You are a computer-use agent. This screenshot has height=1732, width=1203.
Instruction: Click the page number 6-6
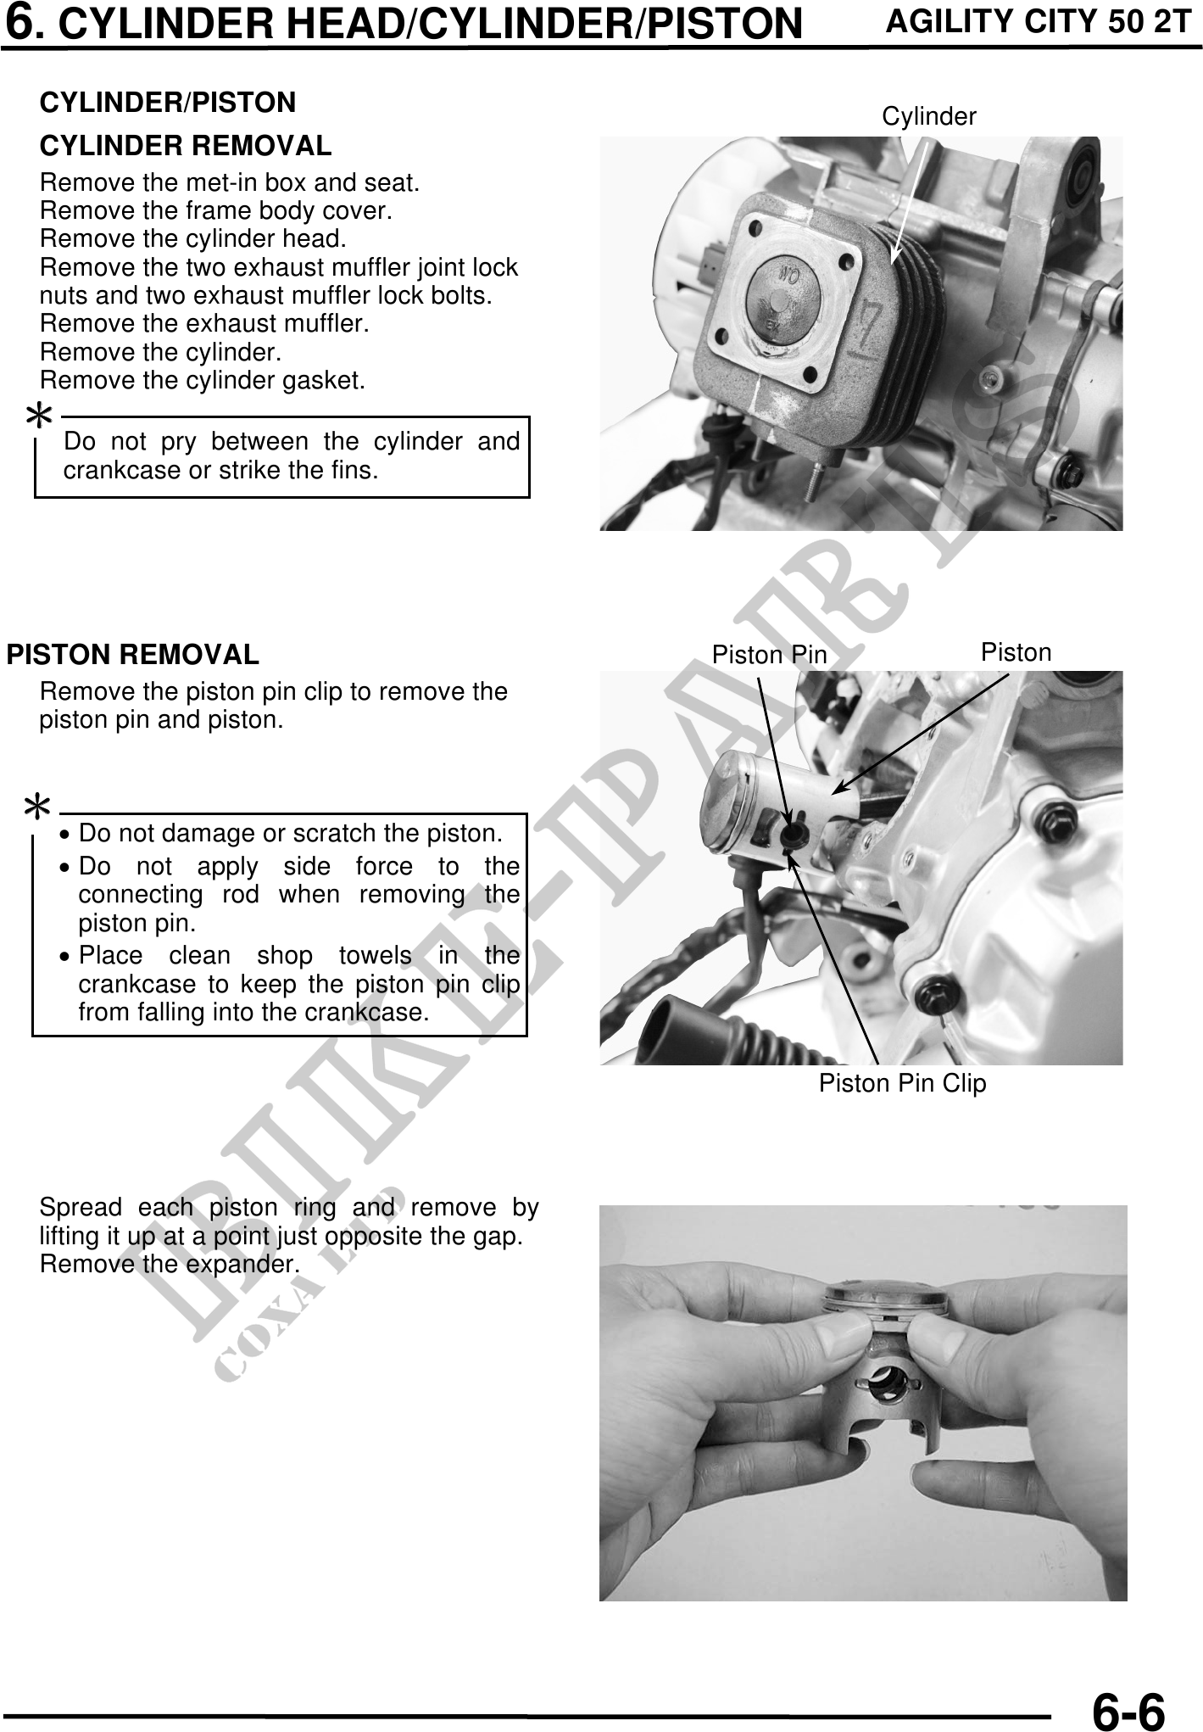[1128, 1707]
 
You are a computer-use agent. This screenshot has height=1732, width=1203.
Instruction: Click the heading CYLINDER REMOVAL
[186, 146]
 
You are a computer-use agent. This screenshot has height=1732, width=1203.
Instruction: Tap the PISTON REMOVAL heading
[132, 655]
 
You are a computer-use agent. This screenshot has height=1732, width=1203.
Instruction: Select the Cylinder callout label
[929, 116]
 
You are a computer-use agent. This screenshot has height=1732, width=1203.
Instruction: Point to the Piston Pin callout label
[769, 655]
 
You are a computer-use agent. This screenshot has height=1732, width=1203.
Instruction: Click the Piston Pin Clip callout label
[903, 1083]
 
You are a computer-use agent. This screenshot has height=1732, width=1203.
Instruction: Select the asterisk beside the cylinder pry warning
[39, 416]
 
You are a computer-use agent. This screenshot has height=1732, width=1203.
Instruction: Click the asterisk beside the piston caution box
[38, 807]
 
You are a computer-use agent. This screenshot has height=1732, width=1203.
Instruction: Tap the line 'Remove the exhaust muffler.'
[204, 324]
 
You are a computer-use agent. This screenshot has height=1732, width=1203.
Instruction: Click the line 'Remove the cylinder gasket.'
[203, 380]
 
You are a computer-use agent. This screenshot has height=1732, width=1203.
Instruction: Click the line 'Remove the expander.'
[170, 1265]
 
